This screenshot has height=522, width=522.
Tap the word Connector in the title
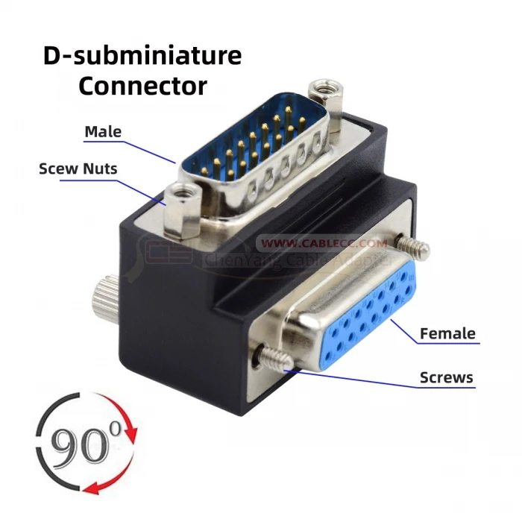[142, 85]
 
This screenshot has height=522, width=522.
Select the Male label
[103, 131]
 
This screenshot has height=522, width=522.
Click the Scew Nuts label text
[78, 169]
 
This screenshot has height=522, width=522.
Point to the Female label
[447, 333]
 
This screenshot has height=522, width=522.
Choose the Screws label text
[446, 377]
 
